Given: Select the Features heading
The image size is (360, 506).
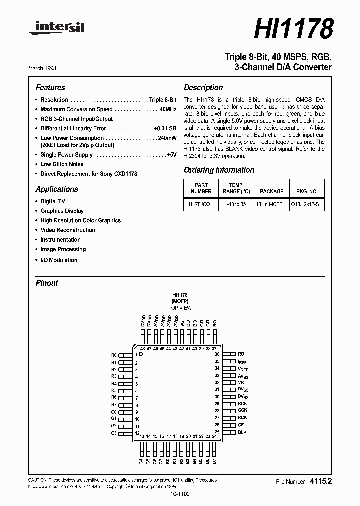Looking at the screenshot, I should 50,87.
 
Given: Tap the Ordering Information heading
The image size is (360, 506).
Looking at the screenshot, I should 219,170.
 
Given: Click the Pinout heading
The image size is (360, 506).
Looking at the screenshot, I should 47,283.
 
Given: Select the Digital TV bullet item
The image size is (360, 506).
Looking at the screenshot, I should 53,201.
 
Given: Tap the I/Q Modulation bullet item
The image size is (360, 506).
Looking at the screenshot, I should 59,260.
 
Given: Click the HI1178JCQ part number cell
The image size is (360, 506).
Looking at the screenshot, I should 197,204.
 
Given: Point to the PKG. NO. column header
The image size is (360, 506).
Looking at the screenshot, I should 307,191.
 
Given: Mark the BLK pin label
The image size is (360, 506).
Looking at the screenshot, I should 242,432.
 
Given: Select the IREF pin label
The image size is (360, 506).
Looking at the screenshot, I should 242,361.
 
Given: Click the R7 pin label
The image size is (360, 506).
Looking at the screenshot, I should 114,404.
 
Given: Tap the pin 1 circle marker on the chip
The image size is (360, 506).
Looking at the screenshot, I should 141,354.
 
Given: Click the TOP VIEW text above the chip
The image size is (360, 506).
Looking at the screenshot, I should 180,308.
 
